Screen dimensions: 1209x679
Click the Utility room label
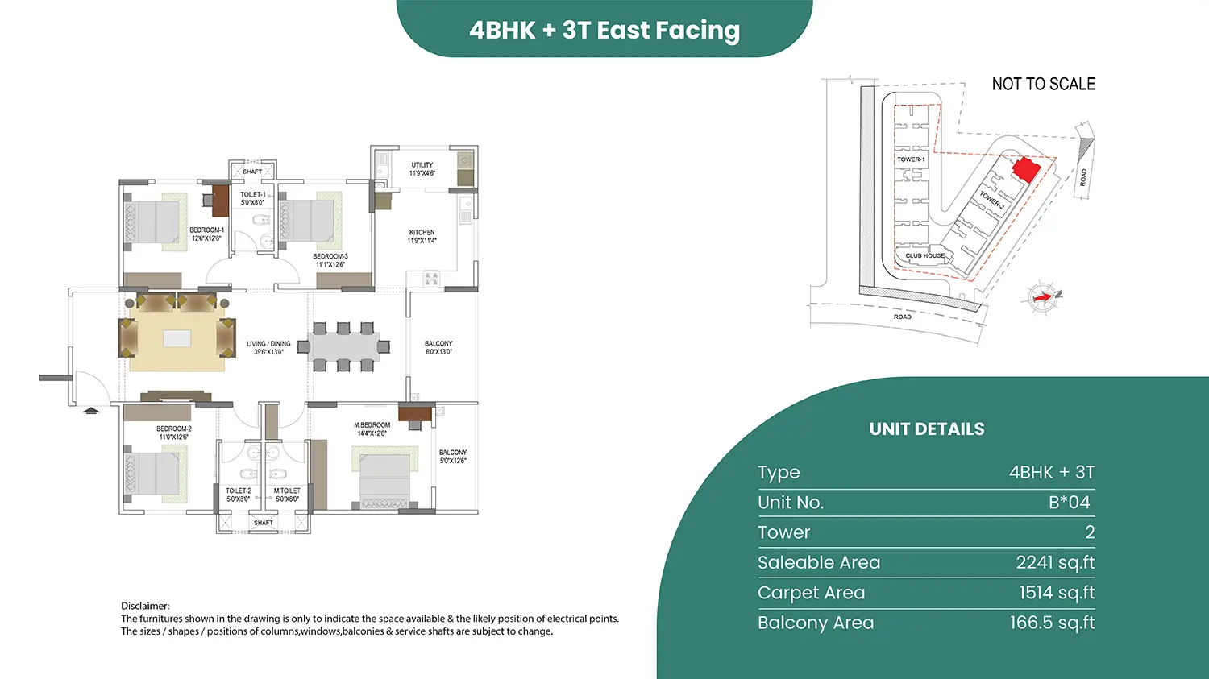[x=422, y=169]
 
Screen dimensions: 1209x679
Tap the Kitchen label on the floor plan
[x=422, y=236]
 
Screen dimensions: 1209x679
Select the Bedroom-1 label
[x=206, y=234]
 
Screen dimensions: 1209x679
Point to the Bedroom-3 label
[x=330, y=260]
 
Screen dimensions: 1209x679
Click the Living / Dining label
[x=268, y=348]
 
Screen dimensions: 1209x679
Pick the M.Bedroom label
[x=372, y=429]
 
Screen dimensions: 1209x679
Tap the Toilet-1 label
[x=252, y=198]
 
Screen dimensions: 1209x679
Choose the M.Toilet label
[x=287, y=495]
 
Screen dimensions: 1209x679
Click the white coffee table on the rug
[x=177, y=338]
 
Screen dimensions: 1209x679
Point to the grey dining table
[x=343, y=347]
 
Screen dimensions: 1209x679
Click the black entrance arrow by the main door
[x=90, y=411]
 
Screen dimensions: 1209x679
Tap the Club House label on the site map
[x=925, y=255]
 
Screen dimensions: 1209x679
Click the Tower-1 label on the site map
[x=911, y=159]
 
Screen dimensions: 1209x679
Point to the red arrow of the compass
[x=1042, y=297]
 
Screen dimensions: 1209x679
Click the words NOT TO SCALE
[x=1043, y=84]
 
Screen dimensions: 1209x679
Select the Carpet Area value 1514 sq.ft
[x=1057, y=593]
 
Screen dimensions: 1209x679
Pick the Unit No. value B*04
[x=1070, y=503]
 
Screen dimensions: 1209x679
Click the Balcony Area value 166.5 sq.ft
[x=1053, y=623]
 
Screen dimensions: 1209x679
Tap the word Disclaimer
[x=145, y=607]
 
